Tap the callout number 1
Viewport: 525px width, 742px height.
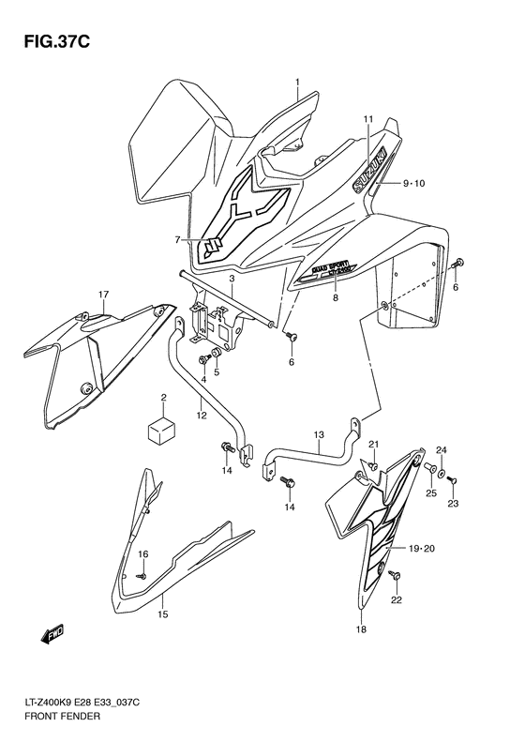(x=298, y=83)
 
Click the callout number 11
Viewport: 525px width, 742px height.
(x=368, y=119)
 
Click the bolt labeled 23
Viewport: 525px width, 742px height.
(x=452, y=480)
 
